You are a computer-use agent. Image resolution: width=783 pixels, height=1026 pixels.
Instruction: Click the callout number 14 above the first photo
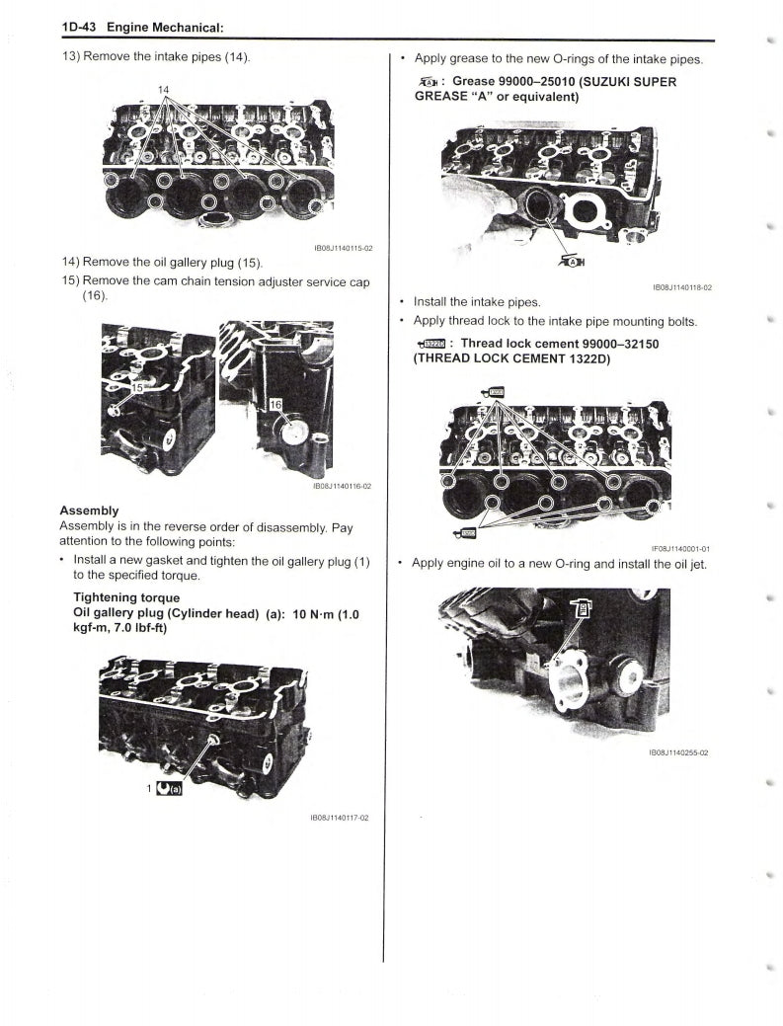(164, 90)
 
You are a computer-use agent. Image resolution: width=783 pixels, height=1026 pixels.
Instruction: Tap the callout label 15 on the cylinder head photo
(140, 388)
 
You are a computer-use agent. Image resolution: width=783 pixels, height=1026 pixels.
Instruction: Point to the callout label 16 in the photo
(275, 405)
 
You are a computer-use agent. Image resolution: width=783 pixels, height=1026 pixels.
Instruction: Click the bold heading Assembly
(89, 511)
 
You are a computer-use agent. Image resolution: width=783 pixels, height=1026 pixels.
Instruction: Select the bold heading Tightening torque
(126, 597)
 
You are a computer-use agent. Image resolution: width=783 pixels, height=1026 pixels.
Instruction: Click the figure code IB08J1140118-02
(682, 287)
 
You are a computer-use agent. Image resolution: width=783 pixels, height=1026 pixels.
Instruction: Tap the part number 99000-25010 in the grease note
(537, 81)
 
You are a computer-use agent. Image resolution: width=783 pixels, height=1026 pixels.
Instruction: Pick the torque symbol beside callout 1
(170, 788)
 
